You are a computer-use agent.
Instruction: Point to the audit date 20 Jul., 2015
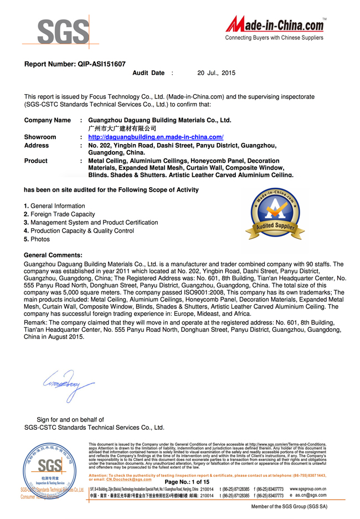click(x=216, y=73)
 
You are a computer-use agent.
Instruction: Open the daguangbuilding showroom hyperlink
click(x=156, y=137)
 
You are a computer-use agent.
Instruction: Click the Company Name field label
click(x=47, y=120)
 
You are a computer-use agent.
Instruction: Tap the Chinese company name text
click(x=119, y=129)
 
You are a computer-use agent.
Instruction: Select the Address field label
click(x=37, y=146)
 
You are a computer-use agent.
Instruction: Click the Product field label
click(x=36, y=161)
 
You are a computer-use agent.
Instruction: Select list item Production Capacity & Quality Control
click(x=82, y=231)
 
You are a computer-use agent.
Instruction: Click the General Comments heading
click(x=53, y=255)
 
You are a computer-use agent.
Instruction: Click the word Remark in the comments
click(x=35, y=322)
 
